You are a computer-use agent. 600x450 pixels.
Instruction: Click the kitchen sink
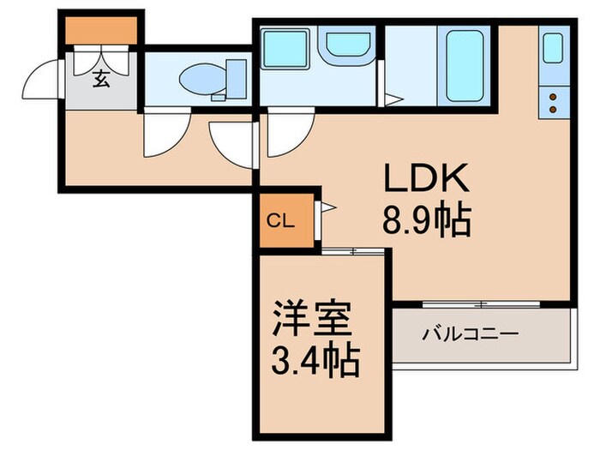click(553, 50)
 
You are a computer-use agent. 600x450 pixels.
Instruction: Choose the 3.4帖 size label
click(312, 364)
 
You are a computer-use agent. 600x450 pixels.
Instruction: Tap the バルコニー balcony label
click(470, 332)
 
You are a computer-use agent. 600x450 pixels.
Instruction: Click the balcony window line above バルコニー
click(481, 303)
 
